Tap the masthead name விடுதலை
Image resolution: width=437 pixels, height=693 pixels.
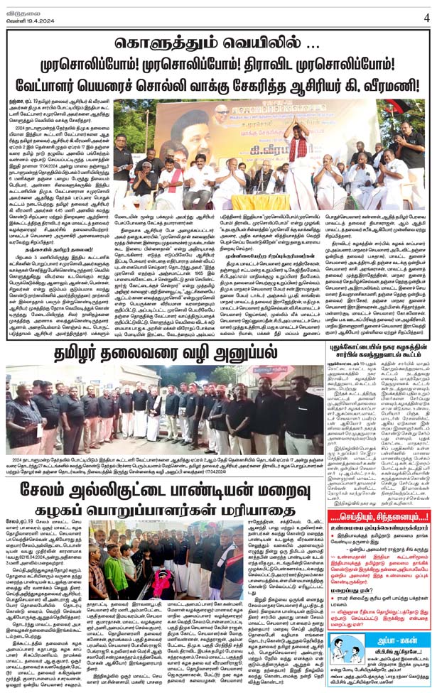coord(25,7)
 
